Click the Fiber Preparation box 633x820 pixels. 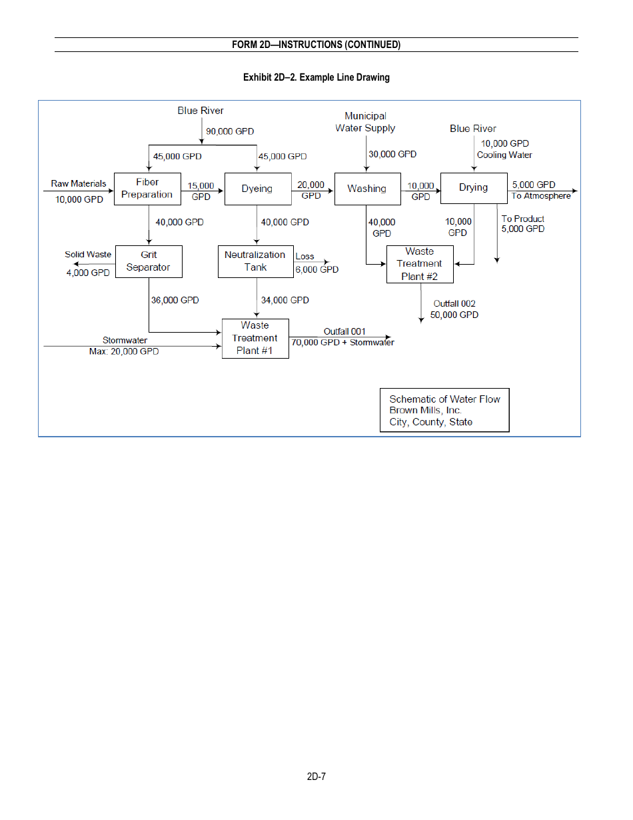pyautogui.click(x=147, y=189)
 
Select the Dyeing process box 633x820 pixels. pyautogui.click(x=257, y=189)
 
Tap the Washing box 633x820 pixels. pyautogui.click(x=367, y=189)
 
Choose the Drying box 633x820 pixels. pyautogui.click(x=474, y=188)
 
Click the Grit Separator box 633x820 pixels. pyautogui.click(x=148, y=261)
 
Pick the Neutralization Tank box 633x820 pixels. pyautogui.click(x=255, y=261)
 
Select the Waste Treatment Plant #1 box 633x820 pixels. pyautogui.click(x=255, y=338)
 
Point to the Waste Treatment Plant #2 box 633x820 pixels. pyautogui.click(x=420, y=264)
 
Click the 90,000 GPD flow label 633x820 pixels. pyautogui.click(x=230, y=131)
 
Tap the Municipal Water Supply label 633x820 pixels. pyautogui.click(x=365, y=122)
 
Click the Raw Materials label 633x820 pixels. pyautogui.click(x=79, y=183)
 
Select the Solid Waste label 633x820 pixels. pyautogui.click(x=88, y=255)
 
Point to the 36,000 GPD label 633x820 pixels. pyautogui.click(x=175, y=301)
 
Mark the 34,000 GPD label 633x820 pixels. pyautogui.click(x=285, y=301)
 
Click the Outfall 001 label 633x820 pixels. pyautogui.click(x=344, y=331)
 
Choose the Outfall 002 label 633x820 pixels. pyautogui.click(x=454, y=304)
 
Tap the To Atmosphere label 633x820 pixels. pyautogui.click(x=541, y=196)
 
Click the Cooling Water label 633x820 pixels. pyautogui.click(x=504, y=155)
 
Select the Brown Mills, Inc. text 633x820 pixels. pyautogui.click(x=425, y=411)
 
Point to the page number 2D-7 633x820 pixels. pyautogui.click(x=316, y=777)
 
